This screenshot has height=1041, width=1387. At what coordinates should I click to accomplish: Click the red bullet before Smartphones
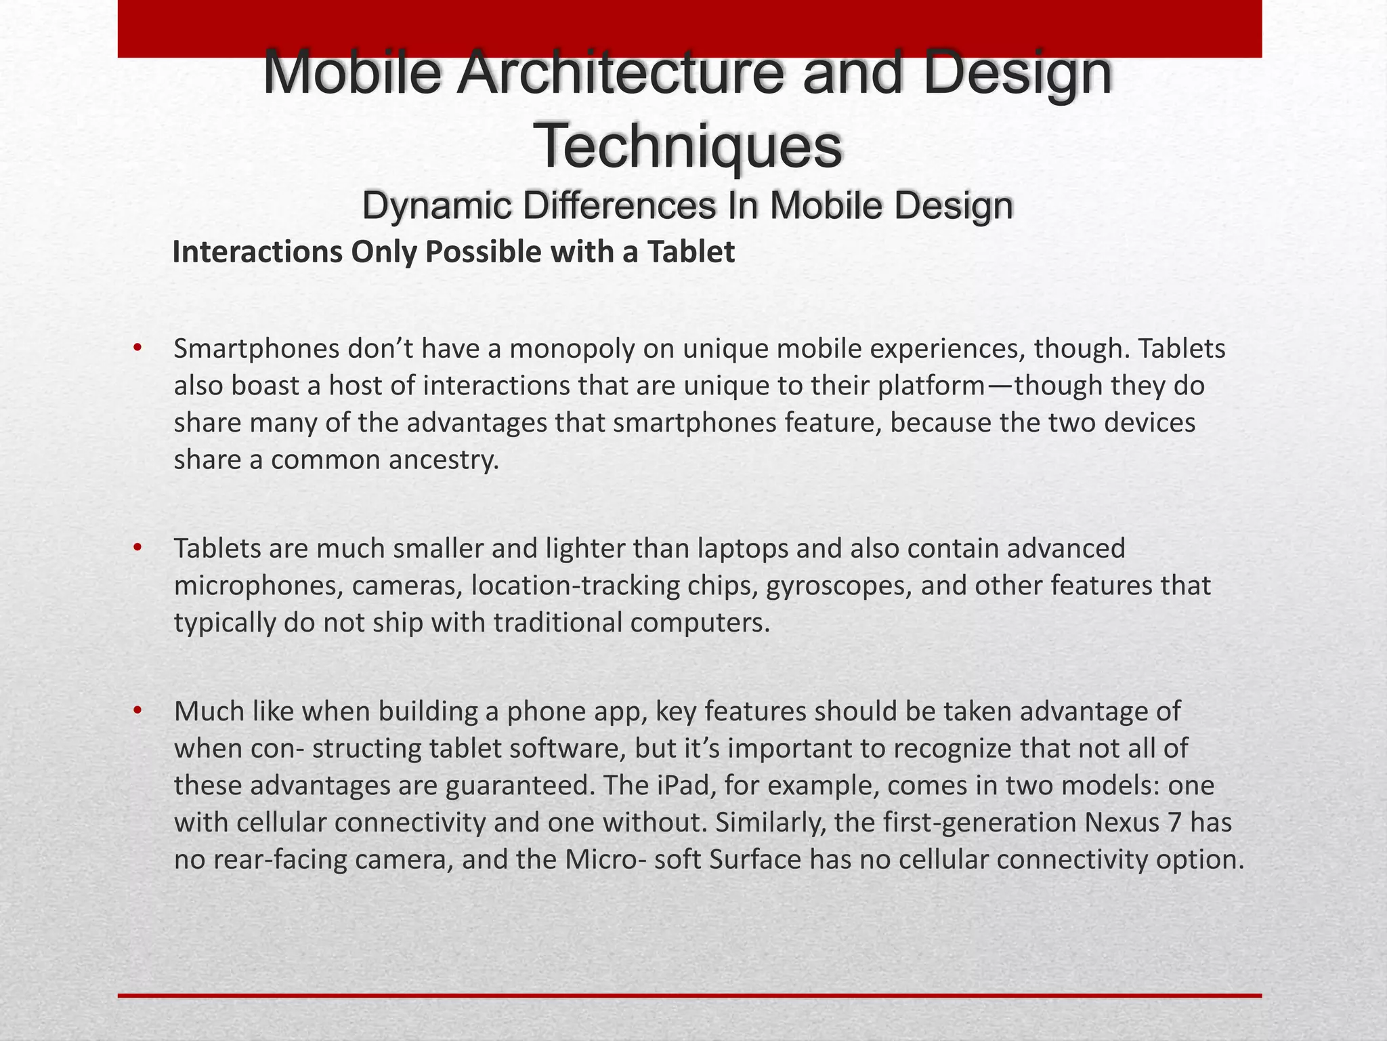137,348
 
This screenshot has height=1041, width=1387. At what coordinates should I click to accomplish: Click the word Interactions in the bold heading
257,252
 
